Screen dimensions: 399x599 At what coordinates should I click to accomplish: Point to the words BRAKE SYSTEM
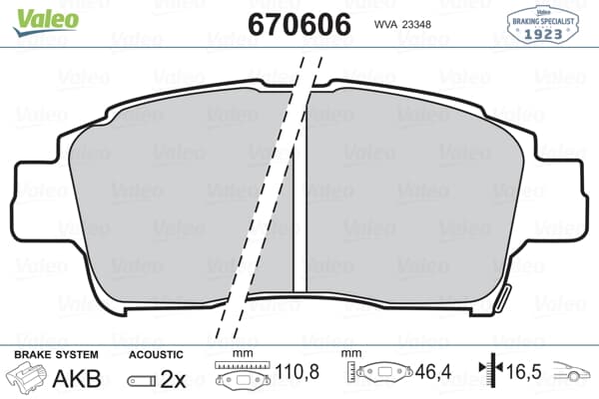pyautogui.click(x=56, y=354)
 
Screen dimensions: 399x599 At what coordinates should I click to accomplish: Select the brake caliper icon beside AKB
pyautogui.click(x=29, y=379)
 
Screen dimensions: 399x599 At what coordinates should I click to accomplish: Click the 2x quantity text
pyautogui.click(x=175, y=379)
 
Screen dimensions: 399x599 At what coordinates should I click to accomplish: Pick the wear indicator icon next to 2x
pyautogui.click(x=142, y=380)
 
